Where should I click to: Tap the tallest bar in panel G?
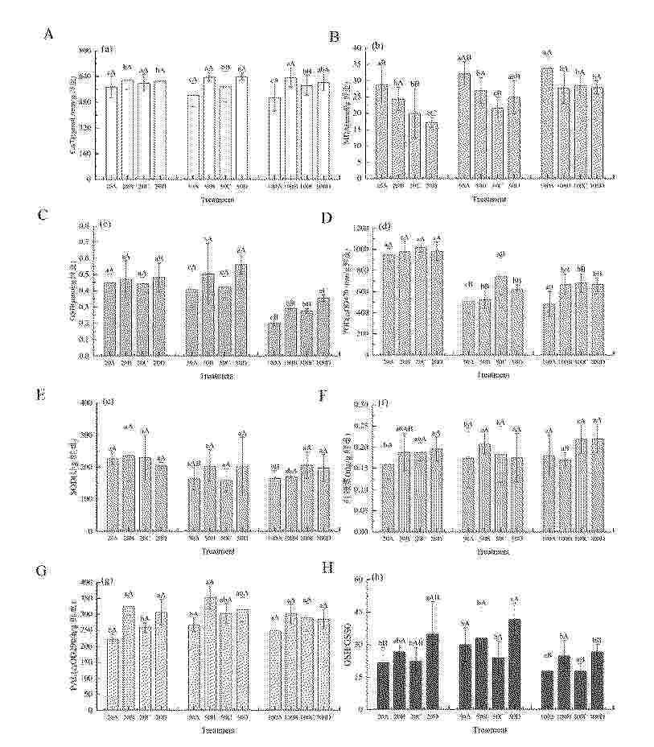[x=210, y=653]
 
